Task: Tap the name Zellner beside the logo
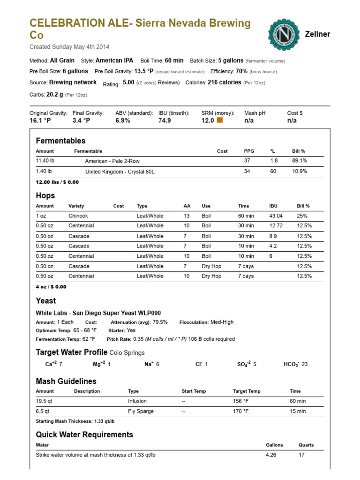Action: point(318,34)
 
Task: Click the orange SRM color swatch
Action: point(220,120)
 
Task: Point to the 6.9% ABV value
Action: point(122,120)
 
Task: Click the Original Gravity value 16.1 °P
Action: point(40,120)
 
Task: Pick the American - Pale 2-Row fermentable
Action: point(112,161)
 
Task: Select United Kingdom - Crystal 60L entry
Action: point(120,172)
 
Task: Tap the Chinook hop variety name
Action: point(78,216)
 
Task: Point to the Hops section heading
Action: point(45,195)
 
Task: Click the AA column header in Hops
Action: point(187,206)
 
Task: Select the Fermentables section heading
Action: point(60,141)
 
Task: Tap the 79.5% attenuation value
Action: point(160,322)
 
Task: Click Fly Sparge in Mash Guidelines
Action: point(140,411)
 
